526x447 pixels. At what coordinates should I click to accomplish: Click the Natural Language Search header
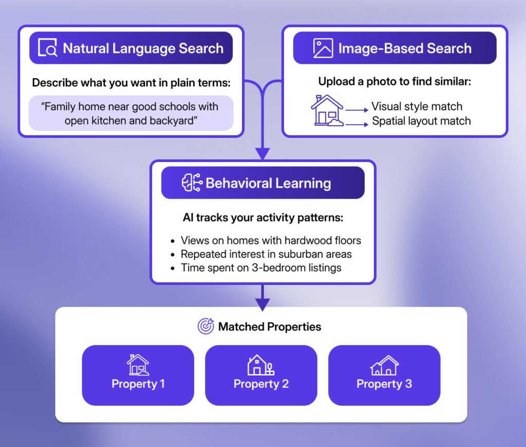(131, 48)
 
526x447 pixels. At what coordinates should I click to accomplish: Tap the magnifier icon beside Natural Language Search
(48, 48)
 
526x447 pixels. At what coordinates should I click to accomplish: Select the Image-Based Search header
(394, 48)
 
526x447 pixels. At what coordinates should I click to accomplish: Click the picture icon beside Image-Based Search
(323, 48)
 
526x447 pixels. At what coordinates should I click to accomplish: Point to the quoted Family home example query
(131, 113)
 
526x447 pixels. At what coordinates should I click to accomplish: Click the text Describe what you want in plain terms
(131, 82)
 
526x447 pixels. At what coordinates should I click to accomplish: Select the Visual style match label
(417, 106)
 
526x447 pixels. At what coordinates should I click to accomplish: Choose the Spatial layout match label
(421, 121)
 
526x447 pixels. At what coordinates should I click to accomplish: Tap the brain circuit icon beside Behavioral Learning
(192, 183)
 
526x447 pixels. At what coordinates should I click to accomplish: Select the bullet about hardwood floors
(271, 240)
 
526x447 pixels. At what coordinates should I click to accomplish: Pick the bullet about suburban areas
(266, 254)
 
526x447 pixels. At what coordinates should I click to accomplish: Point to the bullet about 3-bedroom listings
(261, 267)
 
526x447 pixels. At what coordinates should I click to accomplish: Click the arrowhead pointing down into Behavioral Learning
(262, 153)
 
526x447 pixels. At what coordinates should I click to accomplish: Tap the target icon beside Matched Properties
(205, 326)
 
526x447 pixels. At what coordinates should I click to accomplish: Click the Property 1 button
(138, 375)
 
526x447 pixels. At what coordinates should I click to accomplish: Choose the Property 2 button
(261, 375)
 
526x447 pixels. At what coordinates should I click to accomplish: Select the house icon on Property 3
(384, 366)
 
